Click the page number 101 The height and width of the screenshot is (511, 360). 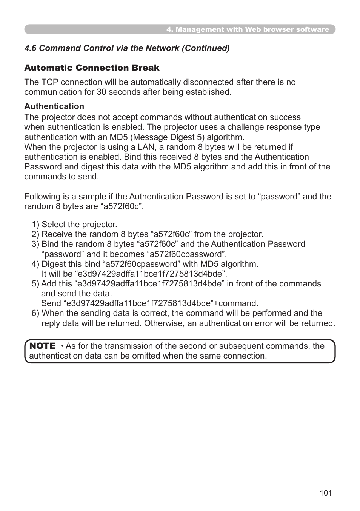click(x=325, y=493)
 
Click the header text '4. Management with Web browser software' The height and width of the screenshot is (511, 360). click(x=248, y=29)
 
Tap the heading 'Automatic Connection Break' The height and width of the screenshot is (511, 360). click(x=92, y=68)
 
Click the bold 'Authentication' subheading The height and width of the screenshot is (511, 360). click(x=54, y=106)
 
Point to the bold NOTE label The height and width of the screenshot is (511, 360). click(x=42, y=346)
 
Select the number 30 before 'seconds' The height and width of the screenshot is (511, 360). click(x=102, y=92)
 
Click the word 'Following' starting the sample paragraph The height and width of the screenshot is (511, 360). click(x=42, y=197)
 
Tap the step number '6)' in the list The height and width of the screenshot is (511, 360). click(x=35, y=313)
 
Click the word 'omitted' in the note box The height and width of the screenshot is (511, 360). click(x=145, y=356)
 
